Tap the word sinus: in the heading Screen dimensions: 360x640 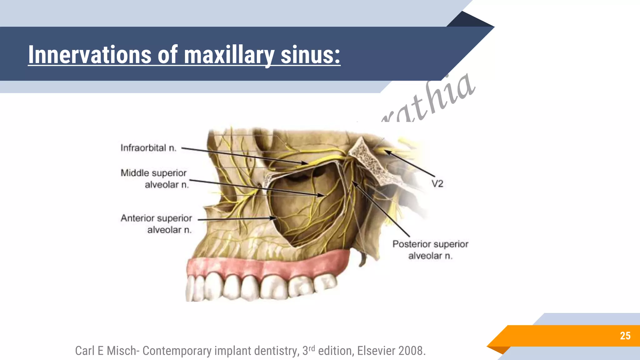[310, 55]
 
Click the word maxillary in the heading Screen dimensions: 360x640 [229, 56]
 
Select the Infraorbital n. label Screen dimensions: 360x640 [148, 148]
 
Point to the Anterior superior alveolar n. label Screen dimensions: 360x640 [156, 224]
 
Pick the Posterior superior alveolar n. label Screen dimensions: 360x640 [430, 250]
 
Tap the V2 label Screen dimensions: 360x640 [437, 184]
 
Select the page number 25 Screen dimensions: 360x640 [625, 336]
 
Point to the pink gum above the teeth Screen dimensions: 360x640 [266, 266]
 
